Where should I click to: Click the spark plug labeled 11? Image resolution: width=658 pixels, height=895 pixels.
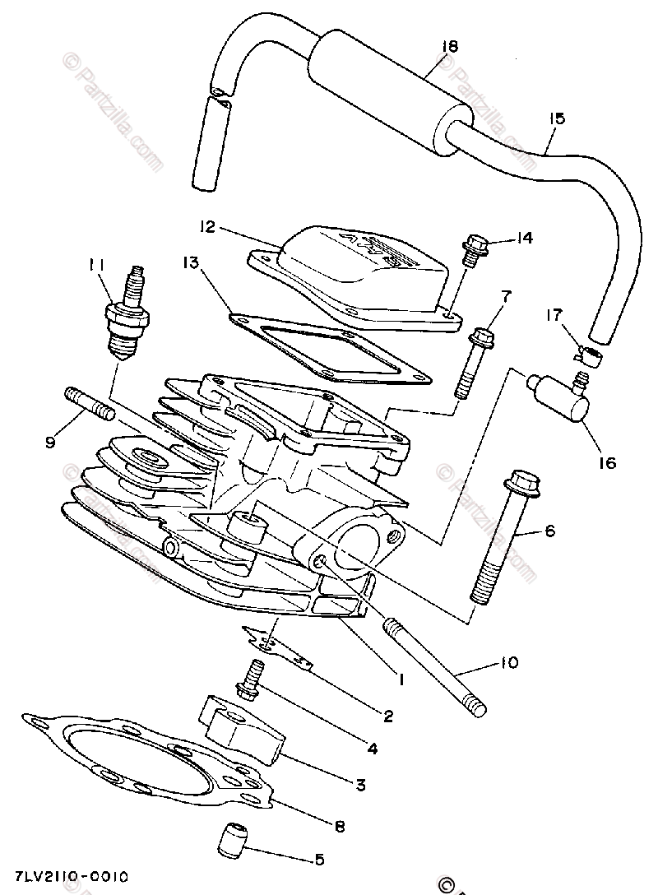127,316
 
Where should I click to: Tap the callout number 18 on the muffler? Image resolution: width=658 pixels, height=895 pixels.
448,47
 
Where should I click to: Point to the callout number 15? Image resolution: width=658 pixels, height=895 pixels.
557,119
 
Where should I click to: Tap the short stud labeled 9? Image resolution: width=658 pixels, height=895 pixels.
88,404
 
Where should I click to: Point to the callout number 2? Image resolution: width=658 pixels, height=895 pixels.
387,716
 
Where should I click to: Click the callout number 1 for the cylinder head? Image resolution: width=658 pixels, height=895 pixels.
402,679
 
